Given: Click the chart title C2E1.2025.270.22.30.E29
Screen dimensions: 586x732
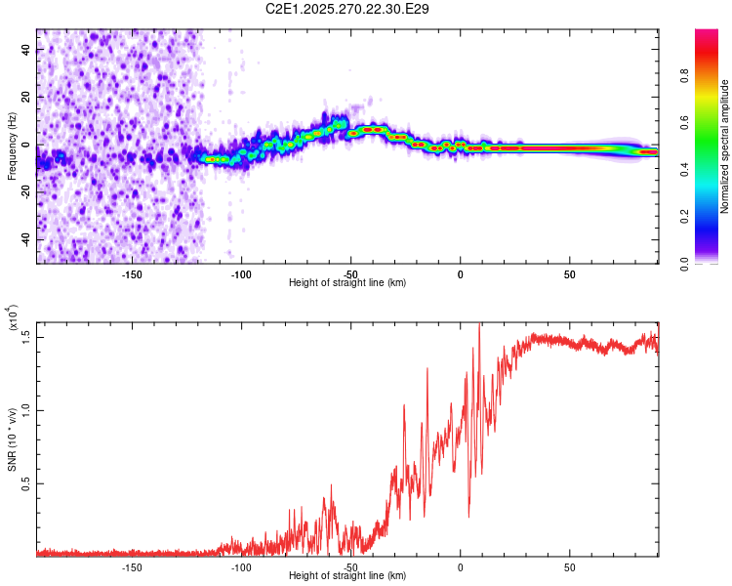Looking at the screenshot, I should pyautogui.click(x=348, y=9).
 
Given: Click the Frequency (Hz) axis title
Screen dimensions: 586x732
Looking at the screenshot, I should pyautogui.click(x=12, y=146).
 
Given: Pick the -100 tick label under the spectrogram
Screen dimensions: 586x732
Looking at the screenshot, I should pyautogui.click(x=241, y=274).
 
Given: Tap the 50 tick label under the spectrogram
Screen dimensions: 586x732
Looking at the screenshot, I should pyautogui.click(x=570, y=274).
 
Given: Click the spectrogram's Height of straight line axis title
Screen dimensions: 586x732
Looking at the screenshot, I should pyautogui.click(x=348, y=283).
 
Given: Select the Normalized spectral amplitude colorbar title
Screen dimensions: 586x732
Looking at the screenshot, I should pyautogui.click(x=724, y=146).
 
